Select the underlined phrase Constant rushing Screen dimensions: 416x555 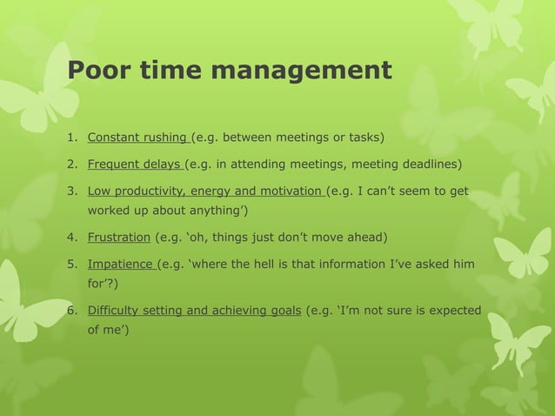[137, 137]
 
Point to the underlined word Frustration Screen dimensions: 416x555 [118, 236]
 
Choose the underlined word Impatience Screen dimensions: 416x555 [119, 264]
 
